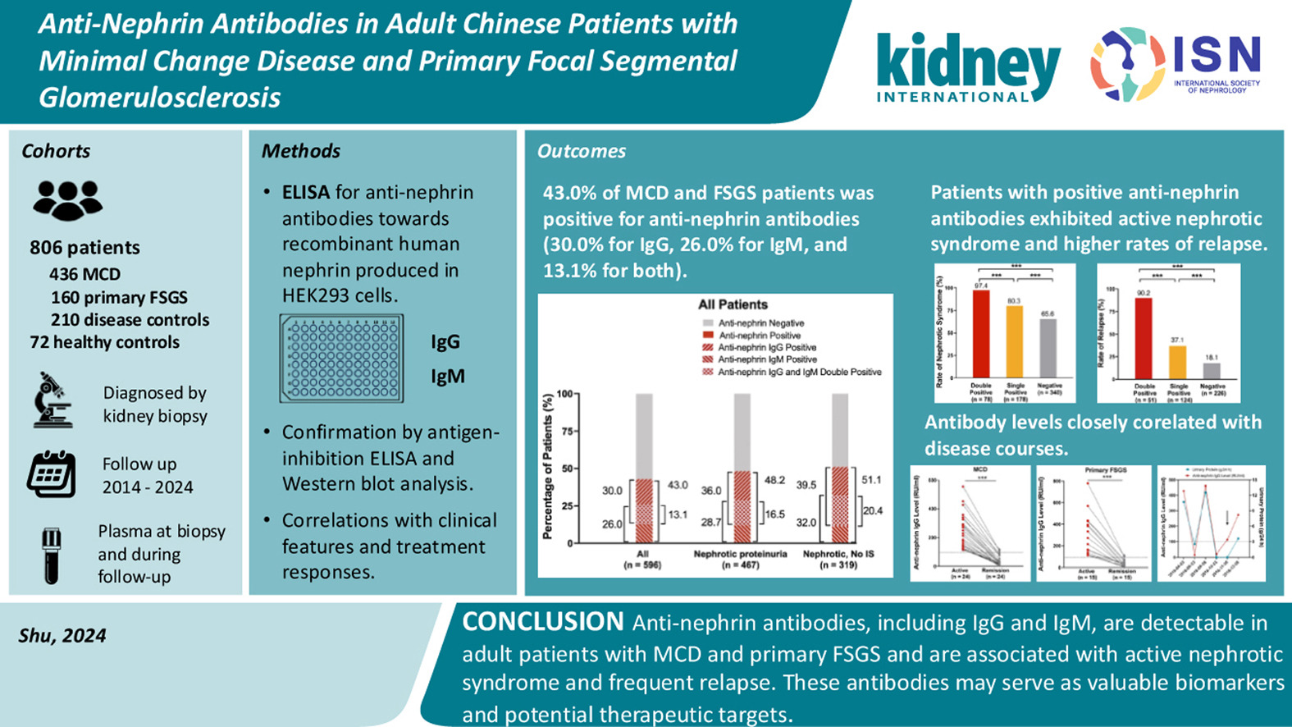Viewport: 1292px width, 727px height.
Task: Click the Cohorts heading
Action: click(x=56, y=151)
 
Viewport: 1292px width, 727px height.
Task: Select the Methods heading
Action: click(x=300, y=151)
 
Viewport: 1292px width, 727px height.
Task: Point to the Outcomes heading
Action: click(x=581, y=151)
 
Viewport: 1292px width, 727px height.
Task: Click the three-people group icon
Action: click(x=67, y=199)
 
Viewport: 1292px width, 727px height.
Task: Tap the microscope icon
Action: click(x=52, y=400)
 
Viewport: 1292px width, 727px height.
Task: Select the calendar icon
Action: click(x=51, y=474)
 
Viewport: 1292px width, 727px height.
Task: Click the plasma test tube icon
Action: click(x=51, y=555)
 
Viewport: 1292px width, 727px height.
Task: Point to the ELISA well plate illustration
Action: click(x=341, y=359)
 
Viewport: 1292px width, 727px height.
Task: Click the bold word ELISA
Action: click(x=305, y=193)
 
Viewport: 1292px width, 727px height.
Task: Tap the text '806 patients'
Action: click(x=84, y=248)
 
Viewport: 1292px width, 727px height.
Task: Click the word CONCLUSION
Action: click(x=542, y=623)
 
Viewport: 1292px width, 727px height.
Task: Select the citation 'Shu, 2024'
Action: click(x=62, y=636)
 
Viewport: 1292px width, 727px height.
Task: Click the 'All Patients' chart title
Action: click(x=733, y=304)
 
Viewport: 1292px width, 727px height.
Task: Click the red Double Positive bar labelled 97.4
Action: click(x=980, y=334)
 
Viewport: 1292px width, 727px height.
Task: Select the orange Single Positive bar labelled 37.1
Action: click(x=1177, y=362)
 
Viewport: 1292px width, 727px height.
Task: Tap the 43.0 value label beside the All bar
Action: click(x=677, y=485)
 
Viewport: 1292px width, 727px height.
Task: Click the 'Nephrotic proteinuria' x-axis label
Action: click(x=740, y=554)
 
